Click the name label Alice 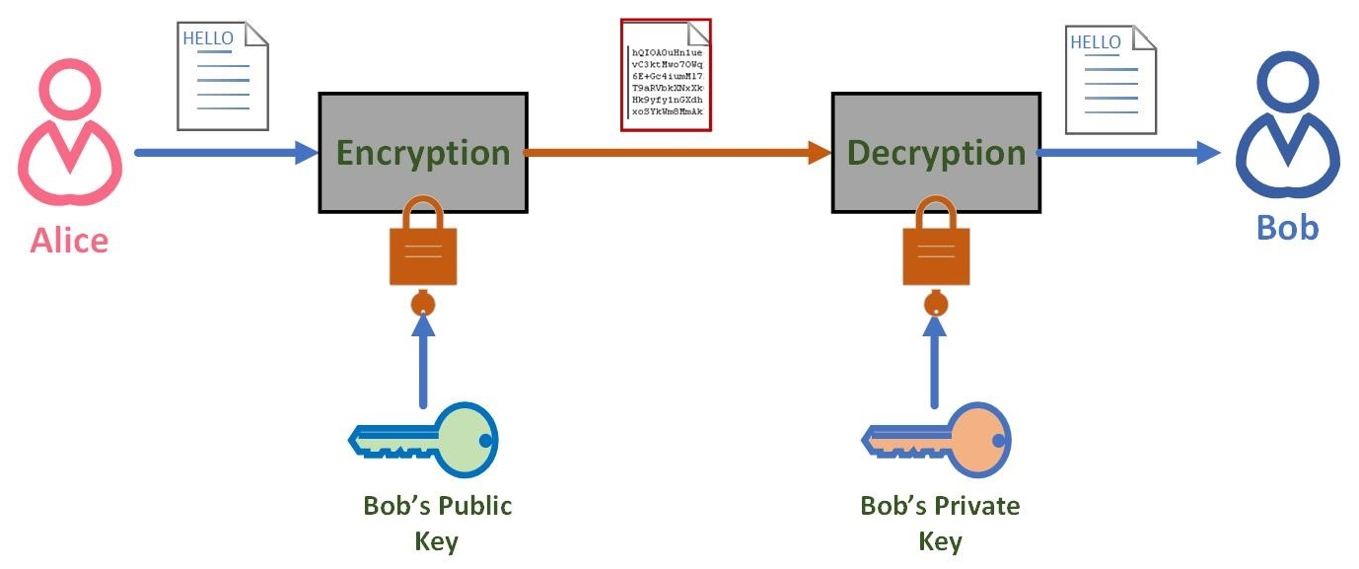[69, 240]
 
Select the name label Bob [1287, 228]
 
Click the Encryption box [423, 153]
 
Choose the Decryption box [935, 153]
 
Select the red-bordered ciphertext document [666, 75]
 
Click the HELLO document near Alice [223, 76]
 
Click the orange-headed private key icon [938, 439]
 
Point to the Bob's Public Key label [437, 523]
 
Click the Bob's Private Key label [940, 523]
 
